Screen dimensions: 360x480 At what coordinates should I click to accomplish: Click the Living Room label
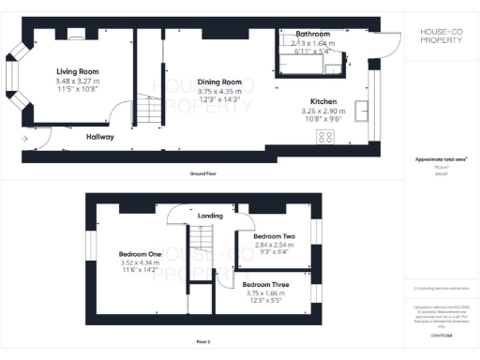[78, 70]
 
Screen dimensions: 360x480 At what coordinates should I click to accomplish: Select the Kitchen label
[323, 102]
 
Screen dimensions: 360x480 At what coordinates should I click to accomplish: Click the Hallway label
[100, 137]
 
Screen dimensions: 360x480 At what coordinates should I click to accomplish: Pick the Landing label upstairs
[210, 216]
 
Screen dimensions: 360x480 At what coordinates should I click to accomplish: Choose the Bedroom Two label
[275, 235]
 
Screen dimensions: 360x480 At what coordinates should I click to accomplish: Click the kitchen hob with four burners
[326, 137]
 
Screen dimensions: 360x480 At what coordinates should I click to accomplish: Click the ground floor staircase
[151, 112]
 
